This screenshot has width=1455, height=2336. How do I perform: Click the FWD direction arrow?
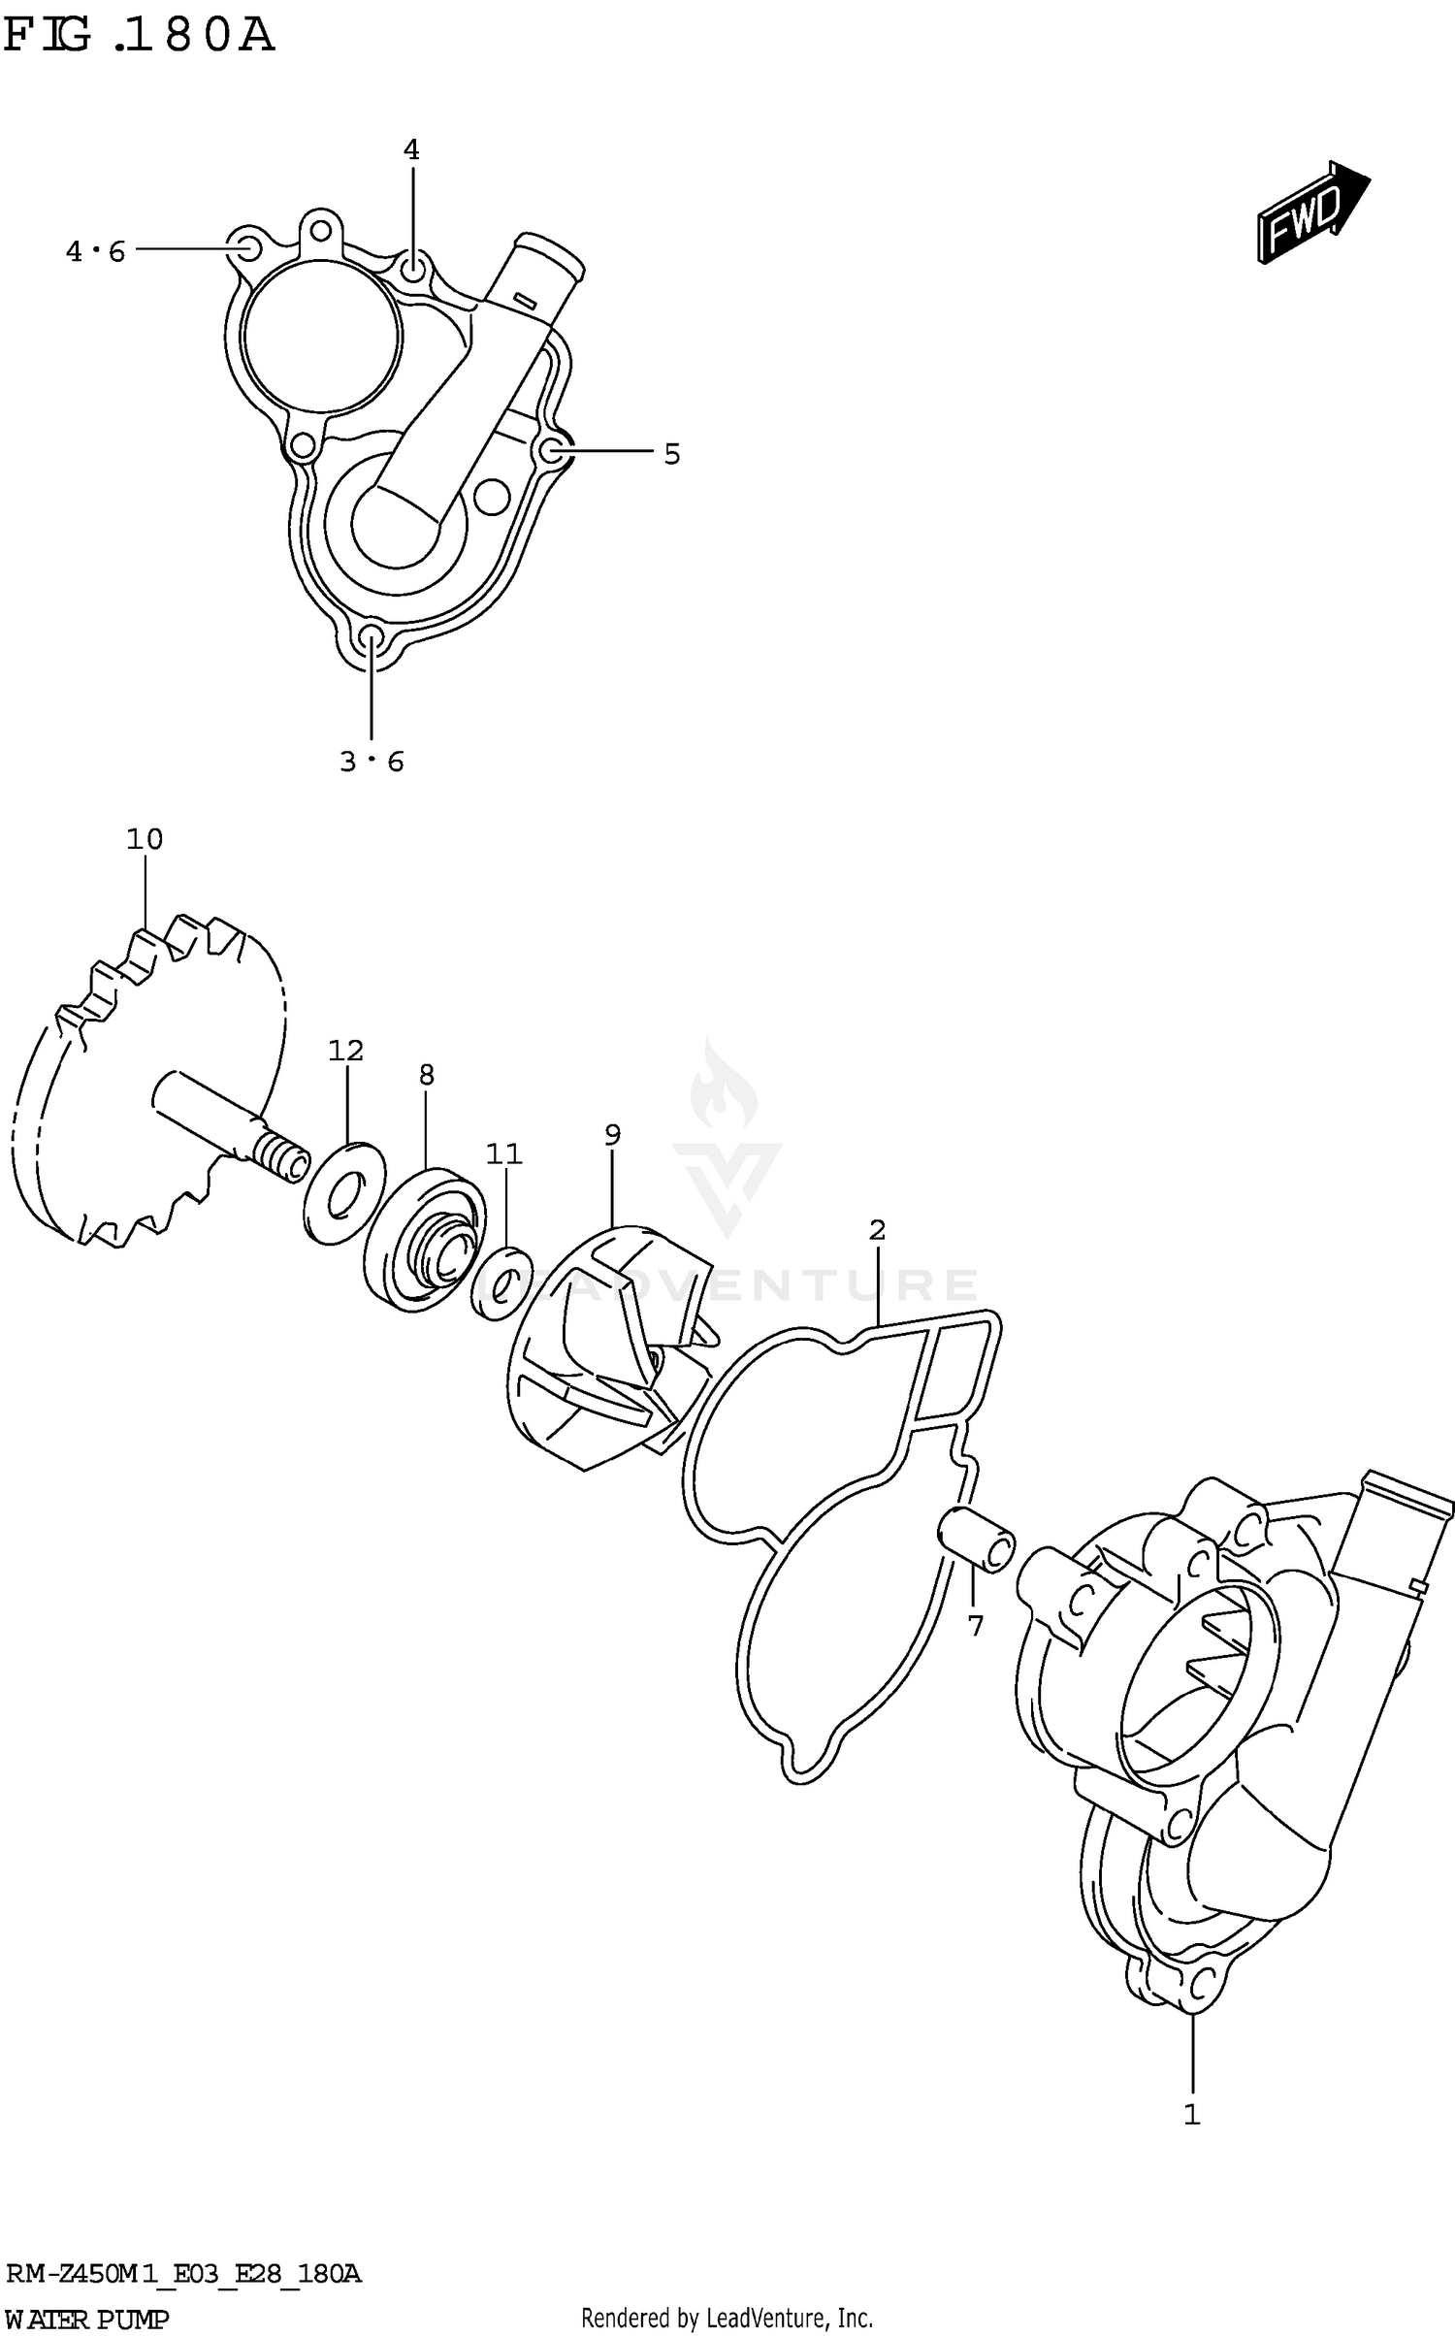[1312, 213]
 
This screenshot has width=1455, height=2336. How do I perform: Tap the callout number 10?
[145, 839]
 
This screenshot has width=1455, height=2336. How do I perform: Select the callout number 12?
[345, 1051]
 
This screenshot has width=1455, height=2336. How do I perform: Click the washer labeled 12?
[344, 1194]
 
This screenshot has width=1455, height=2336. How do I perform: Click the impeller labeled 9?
[606, 1348]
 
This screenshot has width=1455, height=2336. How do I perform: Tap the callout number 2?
[877, 1230]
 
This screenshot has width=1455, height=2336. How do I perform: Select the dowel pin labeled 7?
[977, 1539]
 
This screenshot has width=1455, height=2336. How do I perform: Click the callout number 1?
[1192, 2115]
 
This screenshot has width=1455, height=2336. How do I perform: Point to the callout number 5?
[672, 454]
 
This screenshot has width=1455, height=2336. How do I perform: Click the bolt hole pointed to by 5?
[552, 449]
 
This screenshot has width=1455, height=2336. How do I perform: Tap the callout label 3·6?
[372, 762]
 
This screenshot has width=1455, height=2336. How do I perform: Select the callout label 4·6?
[96, 252]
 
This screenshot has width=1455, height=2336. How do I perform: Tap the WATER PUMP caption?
[87, 2319]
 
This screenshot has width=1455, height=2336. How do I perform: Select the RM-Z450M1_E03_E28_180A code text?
[184, 2273]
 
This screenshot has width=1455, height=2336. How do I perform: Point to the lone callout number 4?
[411, 150]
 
